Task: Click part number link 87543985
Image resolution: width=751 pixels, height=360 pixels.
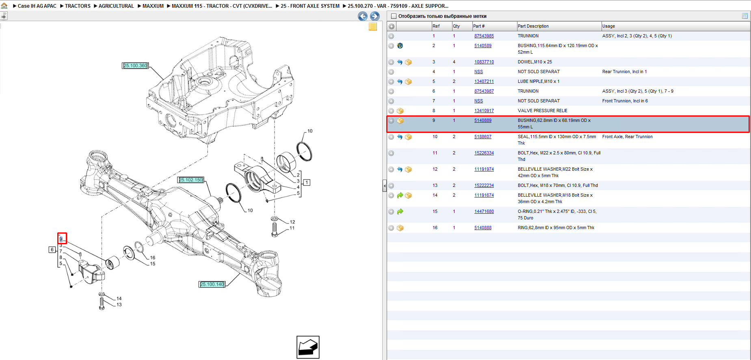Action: coord(484,36)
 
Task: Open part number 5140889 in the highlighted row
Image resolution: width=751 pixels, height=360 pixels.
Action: coord(483,121)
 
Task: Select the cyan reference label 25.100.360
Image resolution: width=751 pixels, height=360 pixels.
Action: coord(135,66)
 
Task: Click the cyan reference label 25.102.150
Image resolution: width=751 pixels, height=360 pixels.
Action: coord(191,180)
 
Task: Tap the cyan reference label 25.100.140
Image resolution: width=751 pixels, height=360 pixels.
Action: coord(212,284)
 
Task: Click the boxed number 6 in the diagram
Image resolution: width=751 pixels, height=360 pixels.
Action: coord(52,249)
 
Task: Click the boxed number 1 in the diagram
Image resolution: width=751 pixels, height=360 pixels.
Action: coord(307,182)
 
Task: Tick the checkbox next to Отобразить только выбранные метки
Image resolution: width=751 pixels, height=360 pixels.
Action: coord(393,16)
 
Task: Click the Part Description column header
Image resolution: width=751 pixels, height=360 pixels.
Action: coord(533,26)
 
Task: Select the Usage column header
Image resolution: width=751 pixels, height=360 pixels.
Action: coord(608,26)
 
